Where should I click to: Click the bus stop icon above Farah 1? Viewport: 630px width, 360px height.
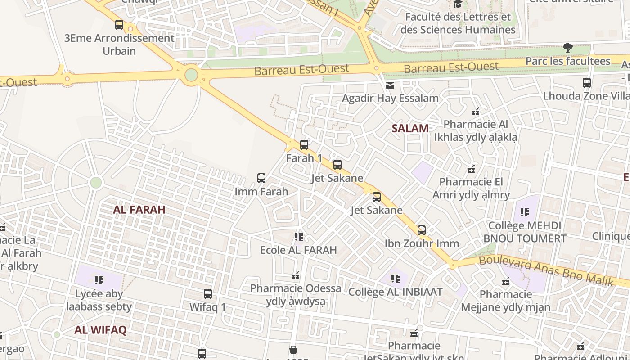point(304,144)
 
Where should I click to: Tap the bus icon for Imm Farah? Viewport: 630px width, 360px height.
point(261,178)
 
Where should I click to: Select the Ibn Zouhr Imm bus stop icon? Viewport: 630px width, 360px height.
point(422,230)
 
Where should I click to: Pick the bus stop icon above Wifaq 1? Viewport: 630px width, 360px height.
point(208,294)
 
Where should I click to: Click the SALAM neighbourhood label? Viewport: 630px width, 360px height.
point(410,128)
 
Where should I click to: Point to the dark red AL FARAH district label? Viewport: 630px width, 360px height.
point(139,210)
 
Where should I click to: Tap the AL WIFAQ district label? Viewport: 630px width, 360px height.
point(101,330)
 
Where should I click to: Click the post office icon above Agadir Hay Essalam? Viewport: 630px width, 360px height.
point(390,85)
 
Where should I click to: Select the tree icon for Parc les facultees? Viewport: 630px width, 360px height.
point(568,47)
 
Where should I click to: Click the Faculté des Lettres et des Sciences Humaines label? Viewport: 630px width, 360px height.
point(458,23)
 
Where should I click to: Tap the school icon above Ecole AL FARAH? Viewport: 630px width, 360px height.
point(298,236)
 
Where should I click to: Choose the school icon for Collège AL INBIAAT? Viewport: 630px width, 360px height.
point(396,279)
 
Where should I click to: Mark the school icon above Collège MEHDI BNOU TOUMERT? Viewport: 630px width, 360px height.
point(525,212)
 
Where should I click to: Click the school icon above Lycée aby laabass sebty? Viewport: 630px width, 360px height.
point(99,280)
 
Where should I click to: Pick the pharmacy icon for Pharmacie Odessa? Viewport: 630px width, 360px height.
point(296,275)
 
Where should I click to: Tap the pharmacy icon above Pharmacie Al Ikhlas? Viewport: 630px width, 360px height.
point(476,111)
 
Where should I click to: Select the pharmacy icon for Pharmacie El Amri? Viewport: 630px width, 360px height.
point(471,170)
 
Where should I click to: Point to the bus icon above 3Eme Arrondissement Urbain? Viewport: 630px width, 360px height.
point(119,25)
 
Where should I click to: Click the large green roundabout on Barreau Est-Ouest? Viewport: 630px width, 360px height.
point(191,75)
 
